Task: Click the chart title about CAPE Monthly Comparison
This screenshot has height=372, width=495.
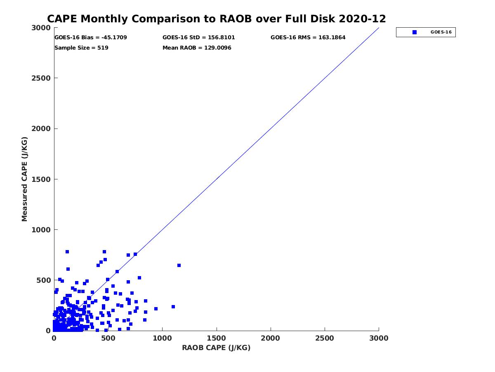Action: (217, 19)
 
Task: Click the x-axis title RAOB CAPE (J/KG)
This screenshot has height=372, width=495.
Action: (216, 348)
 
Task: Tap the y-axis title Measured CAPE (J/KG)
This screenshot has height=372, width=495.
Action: (25, 179)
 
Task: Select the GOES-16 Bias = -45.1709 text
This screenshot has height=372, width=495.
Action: (91, 38)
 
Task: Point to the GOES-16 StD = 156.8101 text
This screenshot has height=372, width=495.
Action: (199, 38)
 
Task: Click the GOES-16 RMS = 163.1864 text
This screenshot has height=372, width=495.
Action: (308, 38)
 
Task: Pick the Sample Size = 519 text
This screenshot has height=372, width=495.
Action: (81, 48)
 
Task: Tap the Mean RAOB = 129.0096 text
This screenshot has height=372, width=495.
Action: (197, 48)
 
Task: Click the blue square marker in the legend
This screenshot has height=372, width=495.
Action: (415, 32)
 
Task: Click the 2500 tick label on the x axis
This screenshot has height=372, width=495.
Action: (325, 338)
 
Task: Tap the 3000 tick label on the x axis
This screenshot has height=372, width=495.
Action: (379, 338)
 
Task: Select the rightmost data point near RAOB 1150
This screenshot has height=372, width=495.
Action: (179, 265)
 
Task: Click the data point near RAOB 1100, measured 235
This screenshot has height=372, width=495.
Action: (173, 307)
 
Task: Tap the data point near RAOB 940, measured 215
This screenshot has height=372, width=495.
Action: (156, 309)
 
